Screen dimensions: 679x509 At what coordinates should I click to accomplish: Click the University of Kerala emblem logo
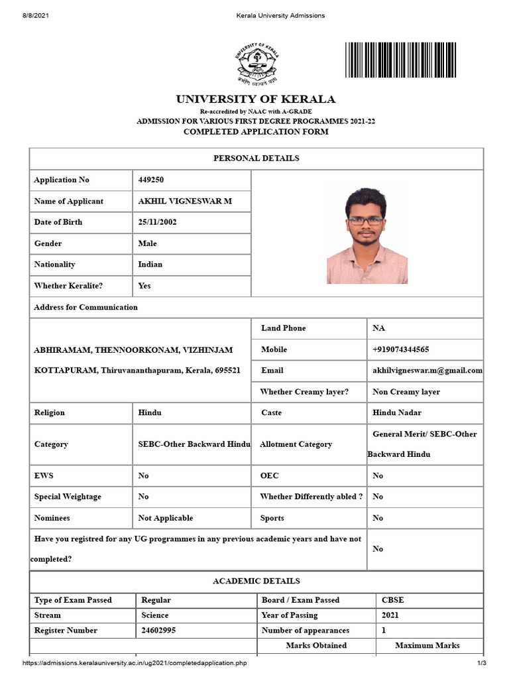coord(255,64)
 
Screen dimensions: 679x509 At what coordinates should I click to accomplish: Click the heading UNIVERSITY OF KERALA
coord(255,99)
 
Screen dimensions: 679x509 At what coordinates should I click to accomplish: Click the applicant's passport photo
coord(367,235)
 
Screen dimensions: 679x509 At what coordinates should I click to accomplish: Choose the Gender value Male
coord(147,243)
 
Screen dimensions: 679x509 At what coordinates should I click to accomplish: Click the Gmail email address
coord(427,371)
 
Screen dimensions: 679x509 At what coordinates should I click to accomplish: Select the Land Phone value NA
coord(378,328)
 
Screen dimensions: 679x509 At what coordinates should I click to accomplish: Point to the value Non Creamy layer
coord(406,392)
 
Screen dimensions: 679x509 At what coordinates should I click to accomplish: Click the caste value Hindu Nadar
coord(396,412)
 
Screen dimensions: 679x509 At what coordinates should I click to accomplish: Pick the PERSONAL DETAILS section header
coord(256,158)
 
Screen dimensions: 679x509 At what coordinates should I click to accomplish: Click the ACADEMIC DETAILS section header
coord(256,581)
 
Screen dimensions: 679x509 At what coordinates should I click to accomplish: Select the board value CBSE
coord(392,600)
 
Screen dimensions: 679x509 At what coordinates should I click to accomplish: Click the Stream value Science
coord(155,615)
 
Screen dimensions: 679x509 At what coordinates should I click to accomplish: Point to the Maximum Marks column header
coord(427,645)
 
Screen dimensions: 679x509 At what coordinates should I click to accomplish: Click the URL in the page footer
coord(139,664)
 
